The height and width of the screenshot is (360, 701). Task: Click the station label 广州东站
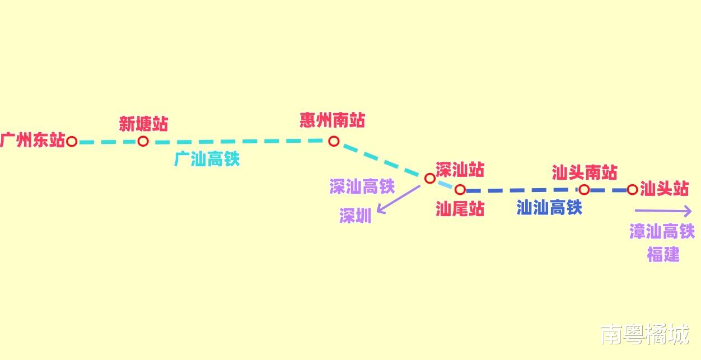[32, 140]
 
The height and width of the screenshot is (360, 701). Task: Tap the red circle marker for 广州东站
[72, 141]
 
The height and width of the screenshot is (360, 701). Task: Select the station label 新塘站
[143, 123]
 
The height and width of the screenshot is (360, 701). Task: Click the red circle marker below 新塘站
[143, 141]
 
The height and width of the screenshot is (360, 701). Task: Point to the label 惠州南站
[332, 120]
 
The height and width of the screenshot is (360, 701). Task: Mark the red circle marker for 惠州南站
[334, 141]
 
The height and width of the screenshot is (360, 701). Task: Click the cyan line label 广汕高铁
[207, 159]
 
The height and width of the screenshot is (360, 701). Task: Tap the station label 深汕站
[460, 169]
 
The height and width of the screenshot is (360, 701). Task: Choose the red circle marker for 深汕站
[429, 179]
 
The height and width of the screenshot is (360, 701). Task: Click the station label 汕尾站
[460, 209]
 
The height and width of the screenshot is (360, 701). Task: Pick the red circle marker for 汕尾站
[460, 189]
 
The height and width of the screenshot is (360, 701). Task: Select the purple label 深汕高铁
[362, 186]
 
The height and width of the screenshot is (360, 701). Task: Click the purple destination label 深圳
[355, 216]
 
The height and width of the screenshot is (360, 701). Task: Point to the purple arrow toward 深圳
[398, 199]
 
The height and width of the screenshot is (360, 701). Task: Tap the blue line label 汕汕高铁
[549, 208]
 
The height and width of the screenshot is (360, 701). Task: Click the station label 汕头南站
[584, 172]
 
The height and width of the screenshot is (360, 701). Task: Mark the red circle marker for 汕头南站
[584, 190]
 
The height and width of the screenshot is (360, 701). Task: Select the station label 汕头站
[664, 189]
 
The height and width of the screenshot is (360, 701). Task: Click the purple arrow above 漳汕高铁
[663, 211]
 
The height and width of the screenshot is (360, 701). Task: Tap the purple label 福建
[663, 255]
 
